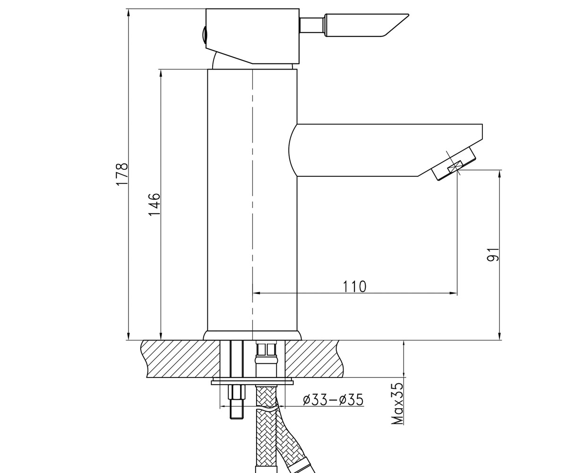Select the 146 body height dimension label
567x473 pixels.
(x=155, y=204)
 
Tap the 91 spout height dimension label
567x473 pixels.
(x=493, y=254)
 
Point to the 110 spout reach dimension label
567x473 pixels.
(x=355, y=287)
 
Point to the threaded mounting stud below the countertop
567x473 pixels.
(x=237, y=403)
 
